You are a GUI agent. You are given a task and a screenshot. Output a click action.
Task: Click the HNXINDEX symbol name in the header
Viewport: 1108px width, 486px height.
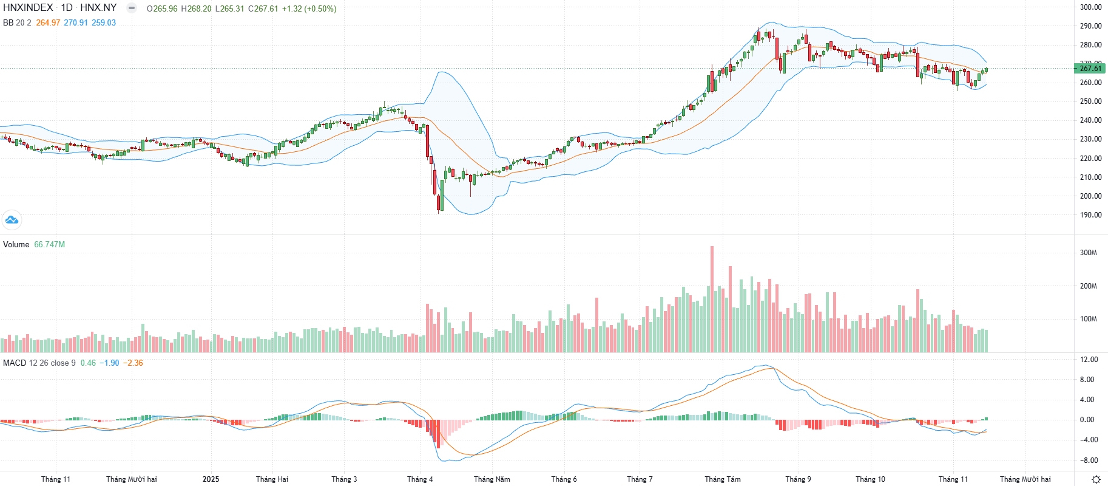pos(28,8)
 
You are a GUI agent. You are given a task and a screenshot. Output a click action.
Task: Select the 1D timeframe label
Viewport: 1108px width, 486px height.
pos(67,8)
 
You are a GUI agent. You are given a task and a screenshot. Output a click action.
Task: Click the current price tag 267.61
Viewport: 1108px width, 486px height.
pos(1090,69)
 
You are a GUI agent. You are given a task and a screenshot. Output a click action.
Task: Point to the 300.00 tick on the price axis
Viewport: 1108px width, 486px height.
pos(1090,7)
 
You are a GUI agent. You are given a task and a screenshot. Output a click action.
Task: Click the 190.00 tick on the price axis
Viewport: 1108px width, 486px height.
pos(1090,215)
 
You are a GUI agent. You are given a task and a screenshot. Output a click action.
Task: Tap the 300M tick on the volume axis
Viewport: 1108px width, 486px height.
pos(1089,253)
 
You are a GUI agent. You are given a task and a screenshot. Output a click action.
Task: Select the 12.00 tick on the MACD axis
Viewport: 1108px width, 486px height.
pos(1089,360)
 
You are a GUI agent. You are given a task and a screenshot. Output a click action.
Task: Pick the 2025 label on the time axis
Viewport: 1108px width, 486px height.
pos(211,479)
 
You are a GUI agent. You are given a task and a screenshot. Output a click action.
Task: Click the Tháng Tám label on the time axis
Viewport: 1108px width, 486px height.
pos(722,479)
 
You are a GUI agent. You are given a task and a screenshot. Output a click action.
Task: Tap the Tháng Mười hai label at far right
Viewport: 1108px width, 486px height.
pos(1025,479)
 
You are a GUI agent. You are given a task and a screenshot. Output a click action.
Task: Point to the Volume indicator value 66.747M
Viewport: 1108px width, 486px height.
pos(49,245)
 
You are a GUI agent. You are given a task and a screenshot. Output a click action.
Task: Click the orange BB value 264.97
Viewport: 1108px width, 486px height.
pos(48,23)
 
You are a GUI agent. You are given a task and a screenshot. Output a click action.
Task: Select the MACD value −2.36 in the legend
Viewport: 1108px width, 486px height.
pos(133,363)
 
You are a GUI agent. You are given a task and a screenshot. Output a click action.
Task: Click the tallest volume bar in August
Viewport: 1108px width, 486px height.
pos(712,298)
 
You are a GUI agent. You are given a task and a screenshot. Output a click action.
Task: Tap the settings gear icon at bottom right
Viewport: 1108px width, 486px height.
pos(1096,479)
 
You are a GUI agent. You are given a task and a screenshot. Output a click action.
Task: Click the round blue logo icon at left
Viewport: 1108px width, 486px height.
pos(12,220)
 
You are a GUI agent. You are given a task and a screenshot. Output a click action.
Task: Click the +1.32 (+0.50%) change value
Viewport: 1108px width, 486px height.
pos(309,9)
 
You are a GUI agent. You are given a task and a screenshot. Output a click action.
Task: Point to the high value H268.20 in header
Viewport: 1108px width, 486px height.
pos(196,9)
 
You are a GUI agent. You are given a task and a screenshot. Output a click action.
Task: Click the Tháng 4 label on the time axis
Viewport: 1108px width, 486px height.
pos(420,479)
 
